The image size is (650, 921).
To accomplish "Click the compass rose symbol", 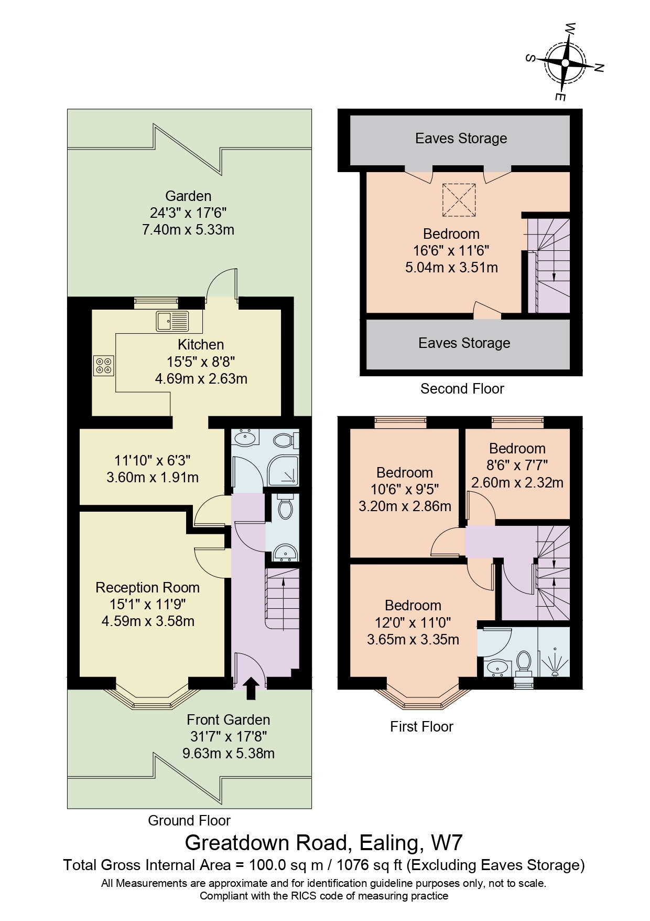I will click(x=565, y=63).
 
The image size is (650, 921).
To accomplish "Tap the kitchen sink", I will click(x=172, y=321).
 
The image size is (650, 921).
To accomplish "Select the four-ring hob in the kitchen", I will click(x=103, y=365).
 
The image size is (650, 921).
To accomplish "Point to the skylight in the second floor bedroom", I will click(x=459, y=199).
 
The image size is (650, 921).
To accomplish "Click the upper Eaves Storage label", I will click(x=461, y=139).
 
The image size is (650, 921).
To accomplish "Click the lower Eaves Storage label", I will click(x=464, y=343).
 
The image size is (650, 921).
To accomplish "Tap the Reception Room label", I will click(x=147, y=588).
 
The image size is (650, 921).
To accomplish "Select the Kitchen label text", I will click(x=201, y=345).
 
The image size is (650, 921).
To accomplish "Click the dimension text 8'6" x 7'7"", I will click(x=517, y=465).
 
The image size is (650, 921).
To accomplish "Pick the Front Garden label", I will click(x=228, y=720).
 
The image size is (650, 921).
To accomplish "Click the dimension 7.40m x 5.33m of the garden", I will click(x=188, y=230).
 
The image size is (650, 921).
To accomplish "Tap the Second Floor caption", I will click(x=462, y=389).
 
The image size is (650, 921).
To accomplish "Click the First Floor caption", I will click(x=421, y=727).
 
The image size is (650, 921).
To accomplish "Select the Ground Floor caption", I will click(x=189, y=821).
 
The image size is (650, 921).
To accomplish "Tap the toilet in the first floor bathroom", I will click(x=523, y=663).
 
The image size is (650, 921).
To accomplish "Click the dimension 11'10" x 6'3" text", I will click(x=152, y=461).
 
